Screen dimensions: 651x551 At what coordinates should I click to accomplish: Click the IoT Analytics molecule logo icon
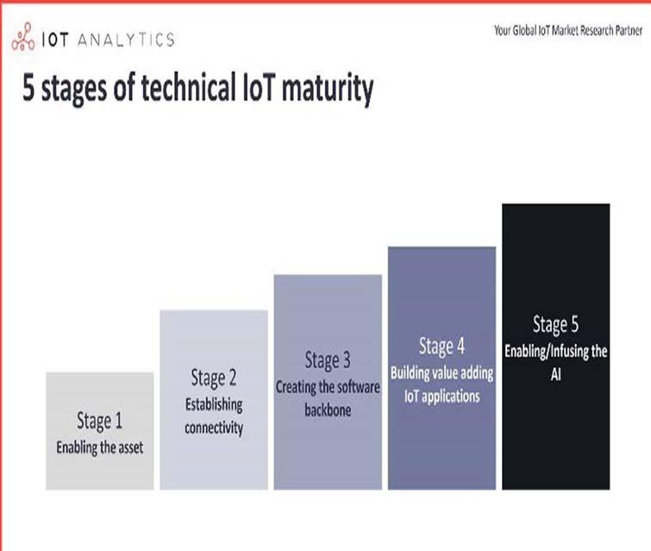[x=22, y=36]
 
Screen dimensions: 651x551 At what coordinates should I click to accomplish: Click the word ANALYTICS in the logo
[x=126, y=40]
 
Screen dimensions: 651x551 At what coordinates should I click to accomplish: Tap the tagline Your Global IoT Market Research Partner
[x=568, y=31]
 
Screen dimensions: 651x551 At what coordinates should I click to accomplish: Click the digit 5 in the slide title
[x=28, y=88]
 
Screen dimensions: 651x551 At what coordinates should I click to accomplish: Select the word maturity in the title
[x=328, y=90]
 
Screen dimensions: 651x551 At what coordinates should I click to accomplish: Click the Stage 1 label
[x=100, y=421]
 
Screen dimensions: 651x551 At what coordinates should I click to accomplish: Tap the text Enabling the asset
[x=100, y=448]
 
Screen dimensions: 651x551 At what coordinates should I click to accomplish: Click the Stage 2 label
[x=214, y=378]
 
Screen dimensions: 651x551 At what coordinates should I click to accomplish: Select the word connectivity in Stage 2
[x=214, y=428]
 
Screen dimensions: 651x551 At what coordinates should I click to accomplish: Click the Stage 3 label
[x=328, y=360]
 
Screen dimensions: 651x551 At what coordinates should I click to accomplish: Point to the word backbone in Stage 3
[x=328, y=410]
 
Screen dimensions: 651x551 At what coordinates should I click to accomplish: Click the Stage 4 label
[x=441, y=347]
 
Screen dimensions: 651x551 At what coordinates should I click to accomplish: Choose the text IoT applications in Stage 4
[x=441, y=397]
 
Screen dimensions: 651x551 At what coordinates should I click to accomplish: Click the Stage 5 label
[x=556, y=324]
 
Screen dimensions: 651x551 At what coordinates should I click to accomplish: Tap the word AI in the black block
[x=556, y=374]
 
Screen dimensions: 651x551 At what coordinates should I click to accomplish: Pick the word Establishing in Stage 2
[x=214, y=404]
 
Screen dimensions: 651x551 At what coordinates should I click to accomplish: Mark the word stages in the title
[x=74, y=90]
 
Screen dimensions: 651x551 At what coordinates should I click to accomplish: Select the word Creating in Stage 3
[x=296, y=387]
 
